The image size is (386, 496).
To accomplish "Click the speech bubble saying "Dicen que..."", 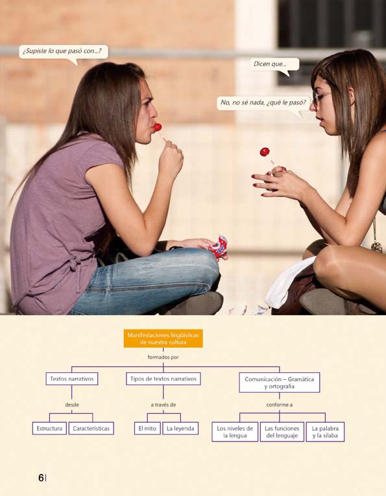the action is pyautogui.click(x=274, y=65).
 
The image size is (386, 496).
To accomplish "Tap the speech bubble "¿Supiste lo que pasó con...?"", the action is pyautogui.click(x=64, y=52).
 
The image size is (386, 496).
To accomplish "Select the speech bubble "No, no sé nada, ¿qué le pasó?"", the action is pyautogui.click(x=263, y=104).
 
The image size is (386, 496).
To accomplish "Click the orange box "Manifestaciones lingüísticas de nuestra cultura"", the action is pyautogui.click(x=163, y=338).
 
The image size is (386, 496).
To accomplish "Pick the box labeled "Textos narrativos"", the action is pyautogui.click(x=72, y=379).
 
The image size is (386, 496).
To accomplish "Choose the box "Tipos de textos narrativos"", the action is pyautogui.click(x=163, y=379).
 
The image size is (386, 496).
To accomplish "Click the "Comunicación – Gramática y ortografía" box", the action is pyautogui.click(x=280, y=383).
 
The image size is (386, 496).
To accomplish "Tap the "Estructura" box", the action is pyautogui.click(x=49, y=429).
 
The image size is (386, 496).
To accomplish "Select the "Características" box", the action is pyautogui.click(x=91, y=429).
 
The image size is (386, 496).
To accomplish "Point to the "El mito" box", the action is pyautogui.click(x=147, y=429).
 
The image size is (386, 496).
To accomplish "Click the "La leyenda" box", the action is pyautogui.click(x=180, y=429).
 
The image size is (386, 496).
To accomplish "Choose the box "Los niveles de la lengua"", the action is pyautogui.click(x=235, y=432).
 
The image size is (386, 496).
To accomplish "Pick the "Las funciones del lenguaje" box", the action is pyautogui.click(x=282, y=432).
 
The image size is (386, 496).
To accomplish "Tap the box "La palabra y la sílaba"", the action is pyautogui.click(x=325, y=432).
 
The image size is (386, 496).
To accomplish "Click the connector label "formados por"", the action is pyautogui.click(x=163, y=357).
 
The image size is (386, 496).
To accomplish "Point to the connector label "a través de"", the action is pyautogui.click(x=163, y=405).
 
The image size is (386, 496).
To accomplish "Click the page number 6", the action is pyautogui.click(x=41, y=478).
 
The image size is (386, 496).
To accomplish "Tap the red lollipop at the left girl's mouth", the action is pyautogui.click(x=157, y=128).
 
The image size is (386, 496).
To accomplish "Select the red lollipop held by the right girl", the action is pyautogui.click(x=265, y=152).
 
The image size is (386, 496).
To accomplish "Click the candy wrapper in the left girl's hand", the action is pyautogui.click(x=219, y=247).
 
